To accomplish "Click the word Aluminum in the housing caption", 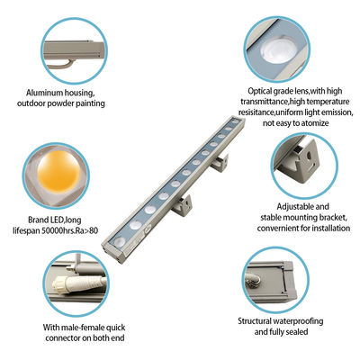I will coord(46,92).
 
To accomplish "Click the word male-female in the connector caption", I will coord(77,328).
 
